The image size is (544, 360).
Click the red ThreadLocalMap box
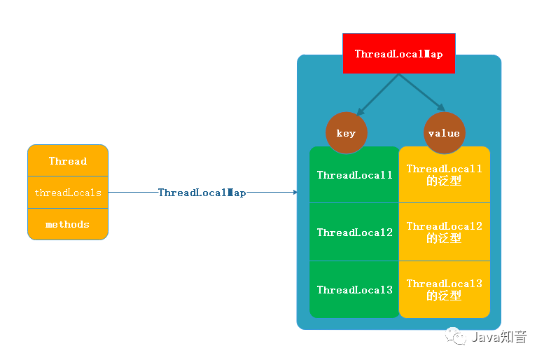pyautogui.click(x=398, y=53)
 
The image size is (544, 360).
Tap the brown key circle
pyautogui.click(x=346, y=133)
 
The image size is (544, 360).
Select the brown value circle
pyautogui.click(x=444, y=133)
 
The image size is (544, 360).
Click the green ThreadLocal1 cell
pyautogui.click(x=354, y=175)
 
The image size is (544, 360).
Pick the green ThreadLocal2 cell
pyautogui.click(x=354, y=233)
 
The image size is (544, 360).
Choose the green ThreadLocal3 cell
pyautogui.click(x=354, y=289)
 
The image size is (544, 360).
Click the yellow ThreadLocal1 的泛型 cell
pyautogui.click(x=444, y=174)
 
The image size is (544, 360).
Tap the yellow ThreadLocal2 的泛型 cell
pyautogui.click(x=444, y=232)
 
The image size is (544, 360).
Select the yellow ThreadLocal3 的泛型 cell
pyautogui.click(x=444, y=289)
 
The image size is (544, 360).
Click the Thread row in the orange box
pyautogui.click(x=68, y=161)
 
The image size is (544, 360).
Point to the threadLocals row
pyautogui.click(x=68, y=193)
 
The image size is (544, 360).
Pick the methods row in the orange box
pyautogui.click(x=68, y=224)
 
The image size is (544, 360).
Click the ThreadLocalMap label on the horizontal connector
pyautogui.click(x=202, y=193)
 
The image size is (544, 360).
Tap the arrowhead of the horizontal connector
pyautogui.click(x=294, y=193)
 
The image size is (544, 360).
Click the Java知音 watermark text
pyautogui.click(x=498, y=338)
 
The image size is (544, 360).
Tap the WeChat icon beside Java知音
pyautogui.click(x=457, y=337)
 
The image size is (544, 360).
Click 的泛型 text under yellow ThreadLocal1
pyautogui.click(x=444, y=181)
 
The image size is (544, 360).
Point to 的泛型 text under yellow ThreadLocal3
pyautogui.click(x=444, y=296)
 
